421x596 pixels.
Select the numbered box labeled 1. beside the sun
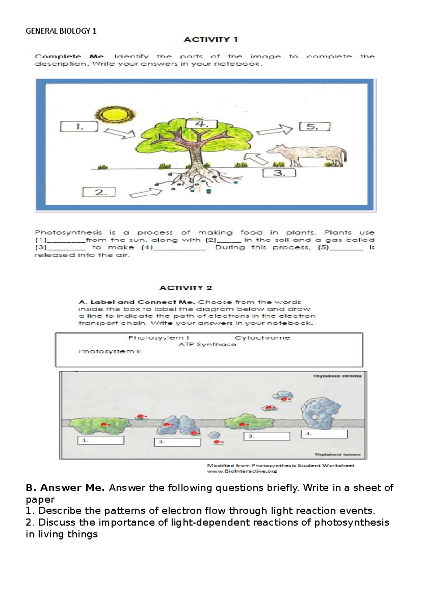point(79,127)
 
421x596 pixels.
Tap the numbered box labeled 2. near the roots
point(99,192)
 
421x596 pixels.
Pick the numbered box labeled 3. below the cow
point(279,173)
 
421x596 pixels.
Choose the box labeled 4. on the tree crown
point(202,124)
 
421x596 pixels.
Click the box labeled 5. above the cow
point(315,126)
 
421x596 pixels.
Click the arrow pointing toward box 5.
point(274,130)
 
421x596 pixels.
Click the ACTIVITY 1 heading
point(211,40)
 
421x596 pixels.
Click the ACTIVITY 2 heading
point(186,288)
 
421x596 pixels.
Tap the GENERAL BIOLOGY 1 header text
point(61,31)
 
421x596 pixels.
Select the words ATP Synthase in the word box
point(207,345)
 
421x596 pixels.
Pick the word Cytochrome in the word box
point(262,338)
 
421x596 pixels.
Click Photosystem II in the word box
point(109,351)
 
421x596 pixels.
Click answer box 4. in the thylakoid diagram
point(324,434)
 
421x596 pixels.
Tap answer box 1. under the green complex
point(101,440)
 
